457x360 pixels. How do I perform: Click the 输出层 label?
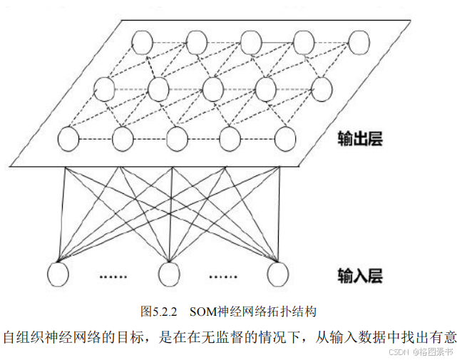[x=361, y=138]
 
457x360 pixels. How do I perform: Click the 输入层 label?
[x=361, y=273]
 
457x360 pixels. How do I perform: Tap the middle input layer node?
[x=169, y=272]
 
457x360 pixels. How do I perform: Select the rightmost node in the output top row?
[x=359, y=43]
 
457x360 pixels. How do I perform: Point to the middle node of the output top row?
[x=251, y=43]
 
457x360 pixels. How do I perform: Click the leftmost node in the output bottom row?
[x=68, y=138]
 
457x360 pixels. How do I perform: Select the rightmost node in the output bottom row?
[x=284, y=138]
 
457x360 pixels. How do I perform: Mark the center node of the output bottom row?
[x=177, y=138]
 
